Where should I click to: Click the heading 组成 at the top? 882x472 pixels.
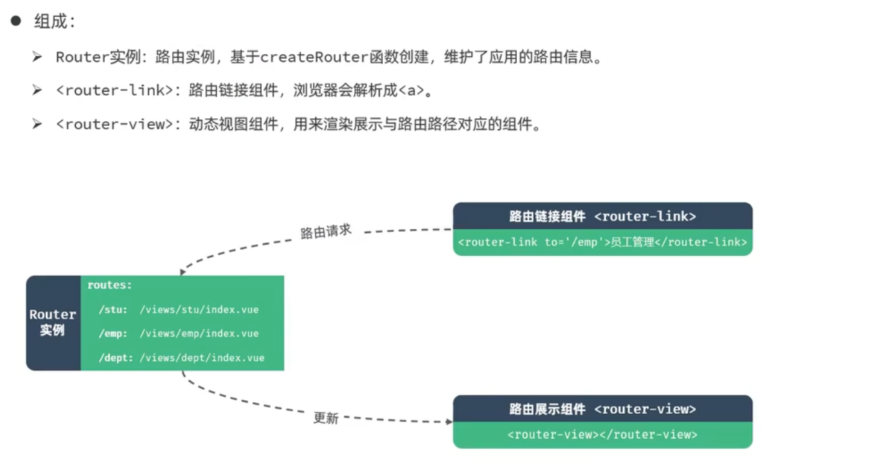(55, 21)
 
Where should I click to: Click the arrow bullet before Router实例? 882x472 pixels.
(37, 57)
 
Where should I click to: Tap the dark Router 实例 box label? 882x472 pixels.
(53, 323)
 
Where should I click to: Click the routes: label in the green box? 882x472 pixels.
(109, 285)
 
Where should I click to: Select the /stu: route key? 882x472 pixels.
(113, 310)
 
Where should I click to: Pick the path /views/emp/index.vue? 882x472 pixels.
(199, 334)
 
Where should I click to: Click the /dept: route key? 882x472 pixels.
(116, 358)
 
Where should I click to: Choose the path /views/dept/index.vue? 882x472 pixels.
(202, 358)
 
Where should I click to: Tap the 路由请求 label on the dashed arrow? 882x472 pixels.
(326, 231)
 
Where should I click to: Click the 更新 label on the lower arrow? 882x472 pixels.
(326, 417)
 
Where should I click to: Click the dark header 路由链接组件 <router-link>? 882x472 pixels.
(602, 216)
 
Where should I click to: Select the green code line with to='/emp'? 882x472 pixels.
(602, 242)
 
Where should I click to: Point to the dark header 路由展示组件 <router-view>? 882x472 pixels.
(602, 409)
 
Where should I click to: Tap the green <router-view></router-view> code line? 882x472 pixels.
(602, 435)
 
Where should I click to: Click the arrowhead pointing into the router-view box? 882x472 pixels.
(449, 422)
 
